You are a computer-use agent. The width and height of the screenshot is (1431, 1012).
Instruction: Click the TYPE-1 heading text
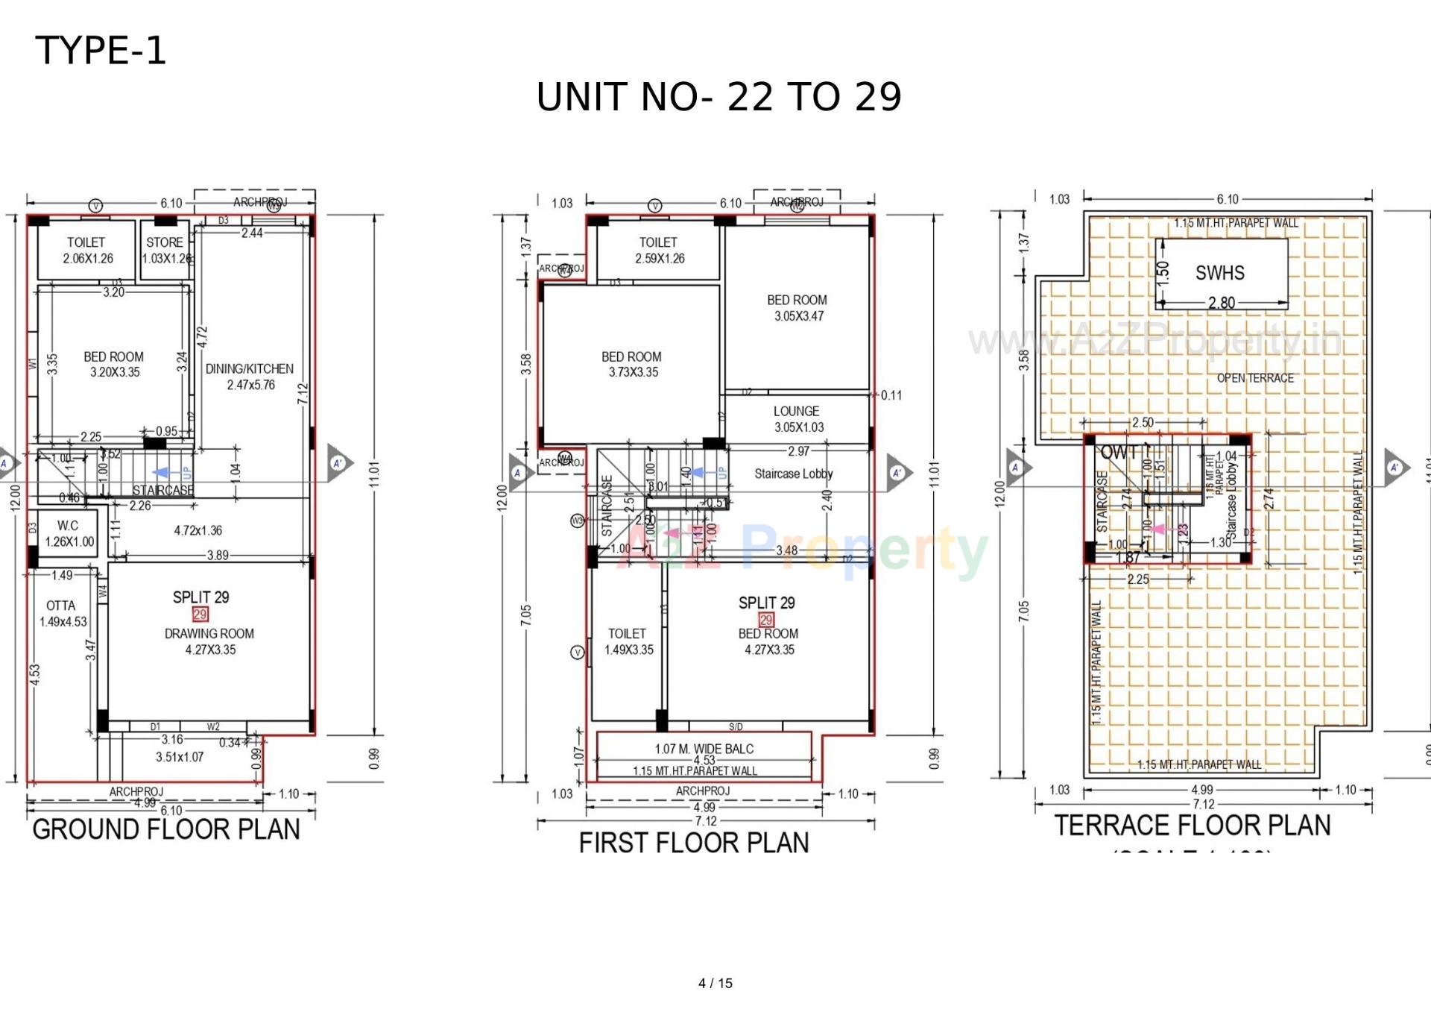tap(101, 51)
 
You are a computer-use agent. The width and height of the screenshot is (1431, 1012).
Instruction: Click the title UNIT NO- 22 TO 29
tap(718, 97)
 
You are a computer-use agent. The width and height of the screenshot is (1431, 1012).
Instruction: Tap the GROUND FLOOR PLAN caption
tap(165, 829)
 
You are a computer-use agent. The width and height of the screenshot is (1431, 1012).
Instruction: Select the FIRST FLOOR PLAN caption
tap(693, 843)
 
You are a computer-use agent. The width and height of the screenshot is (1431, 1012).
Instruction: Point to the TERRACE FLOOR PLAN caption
tap(1192, 826)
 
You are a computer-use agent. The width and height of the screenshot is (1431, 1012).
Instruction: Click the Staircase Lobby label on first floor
tap(793, 474)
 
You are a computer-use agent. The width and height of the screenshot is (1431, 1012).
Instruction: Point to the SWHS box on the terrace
tap(1220, 273)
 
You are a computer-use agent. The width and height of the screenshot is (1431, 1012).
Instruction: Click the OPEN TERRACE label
tap(1255, 378)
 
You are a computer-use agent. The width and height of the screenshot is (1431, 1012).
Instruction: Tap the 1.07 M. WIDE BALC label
tap(704, 749)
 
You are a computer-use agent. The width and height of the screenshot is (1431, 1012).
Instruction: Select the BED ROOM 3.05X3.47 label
tap(797, 307)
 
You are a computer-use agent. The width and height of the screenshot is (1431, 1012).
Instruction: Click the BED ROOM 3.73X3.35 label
tap(631, 364)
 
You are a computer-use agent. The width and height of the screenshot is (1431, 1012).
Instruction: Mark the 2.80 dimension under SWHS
tap(1222, 303)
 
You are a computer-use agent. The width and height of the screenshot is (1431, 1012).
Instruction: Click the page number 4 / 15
tap(715, 983)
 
